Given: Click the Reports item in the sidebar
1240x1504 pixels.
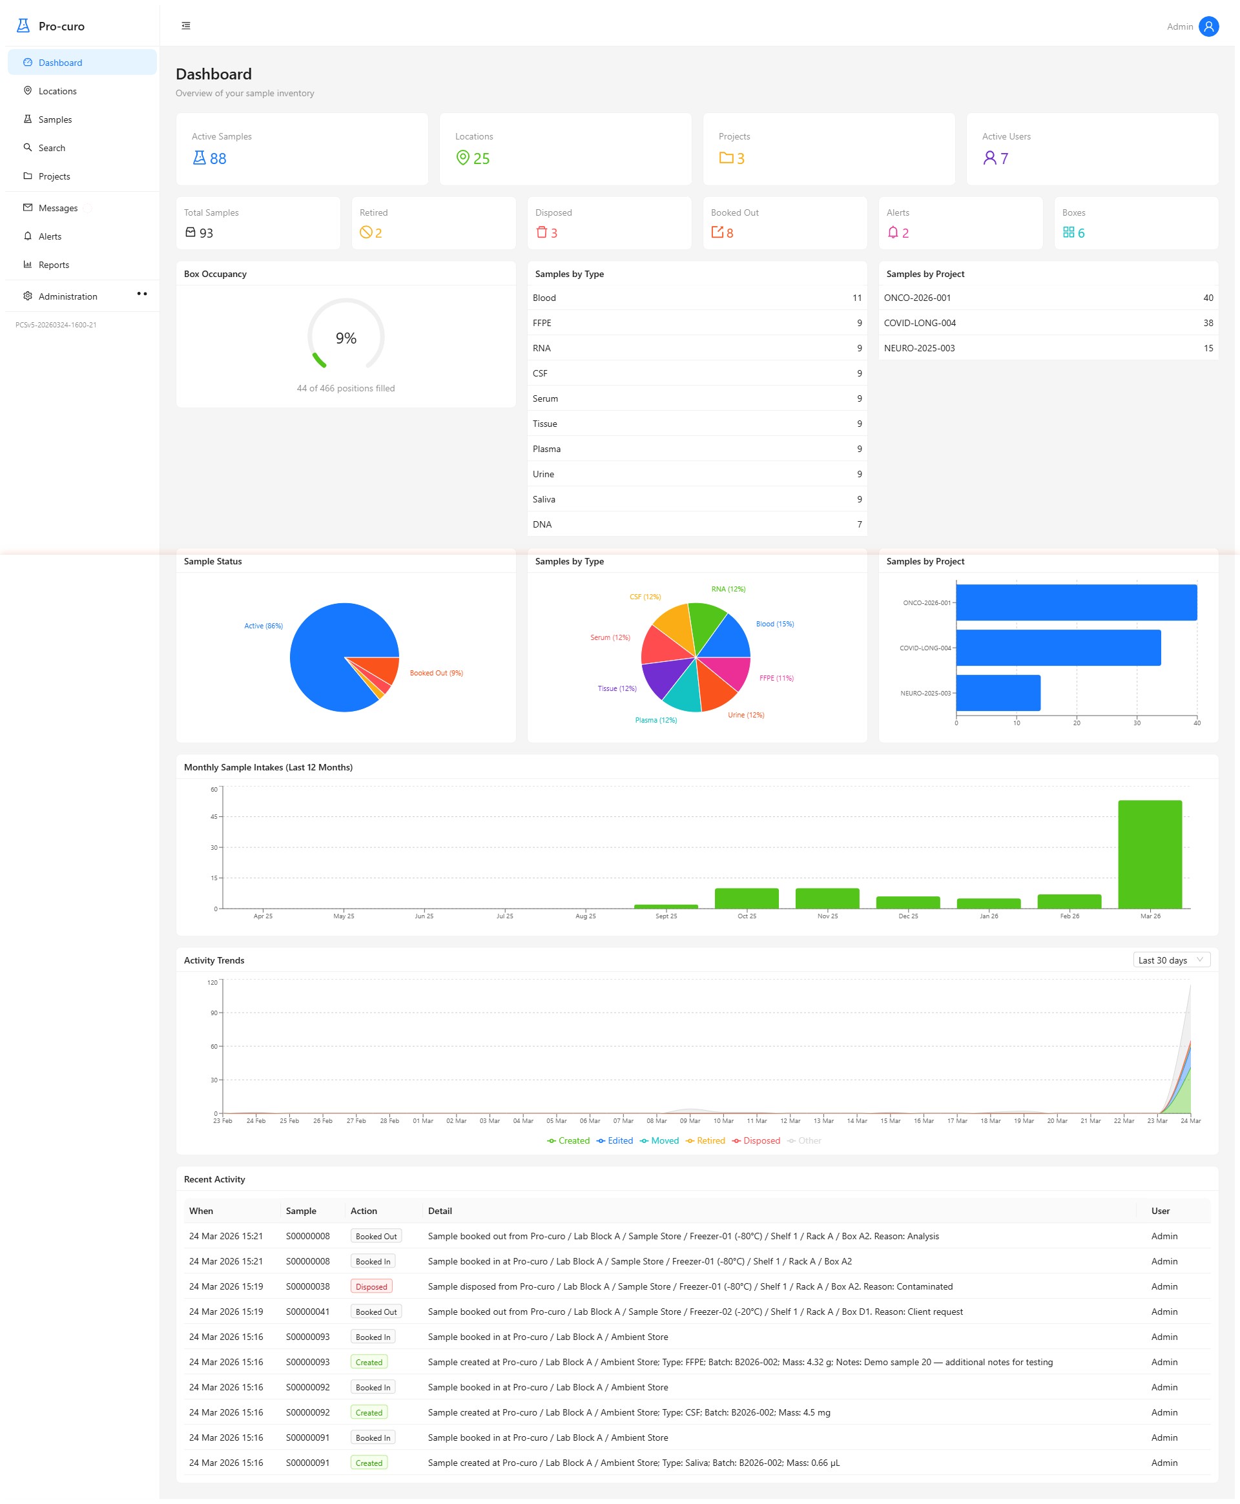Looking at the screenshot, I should (x=54, y=265).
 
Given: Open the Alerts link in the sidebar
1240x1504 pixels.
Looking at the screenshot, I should (x=49, y=236).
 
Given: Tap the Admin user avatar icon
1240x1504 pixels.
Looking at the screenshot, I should (x=1208, y=26).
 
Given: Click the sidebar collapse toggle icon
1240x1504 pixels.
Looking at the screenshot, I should (x=186, y=26).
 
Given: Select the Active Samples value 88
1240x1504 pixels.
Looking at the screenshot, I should (x=217, y=159).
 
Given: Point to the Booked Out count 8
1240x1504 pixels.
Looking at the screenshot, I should (x=729, y=233).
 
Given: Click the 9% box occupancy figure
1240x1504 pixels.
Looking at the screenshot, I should (x=346, y=338).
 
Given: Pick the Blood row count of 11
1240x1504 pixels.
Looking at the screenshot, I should (x=856, y=298).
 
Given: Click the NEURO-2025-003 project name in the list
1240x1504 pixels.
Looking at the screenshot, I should (x=918, y=349).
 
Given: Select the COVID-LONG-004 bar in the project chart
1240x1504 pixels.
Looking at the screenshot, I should (x=1057, y=648).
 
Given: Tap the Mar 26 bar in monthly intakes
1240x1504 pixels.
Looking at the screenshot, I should (x=1150, y=854).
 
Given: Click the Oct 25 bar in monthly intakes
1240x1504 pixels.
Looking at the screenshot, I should (x=747, y=898).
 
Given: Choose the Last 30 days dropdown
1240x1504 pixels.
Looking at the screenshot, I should (x=1171, y=960).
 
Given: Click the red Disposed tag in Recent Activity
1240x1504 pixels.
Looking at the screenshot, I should (x=371, y=1287).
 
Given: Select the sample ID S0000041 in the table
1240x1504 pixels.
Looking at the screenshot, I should (x=308, y=1312).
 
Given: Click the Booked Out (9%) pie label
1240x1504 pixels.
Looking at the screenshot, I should (x=436, y=673).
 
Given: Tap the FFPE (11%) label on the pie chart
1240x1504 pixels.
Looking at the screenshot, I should (x=776, y=677).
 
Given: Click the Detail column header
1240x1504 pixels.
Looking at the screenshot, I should (x=440, y=1210).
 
